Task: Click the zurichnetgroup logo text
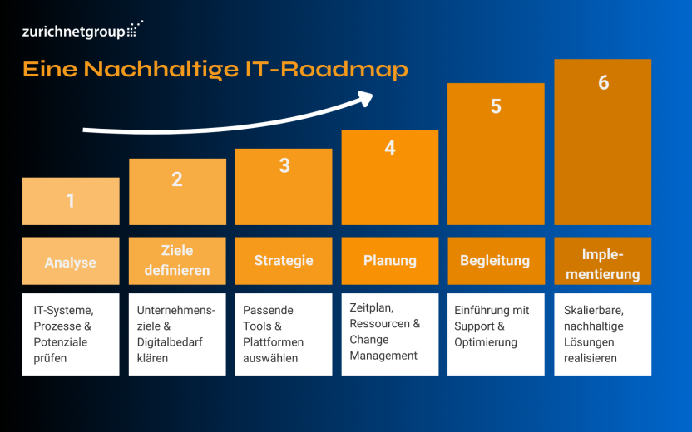(x=74, y=32)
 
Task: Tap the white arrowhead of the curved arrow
(x=365, y=98)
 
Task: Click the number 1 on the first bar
(x=70, y=200)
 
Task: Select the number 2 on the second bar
(x=177, y=179)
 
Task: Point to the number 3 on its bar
(x=284, y=165)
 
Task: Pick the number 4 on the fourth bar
(x=390, y=148)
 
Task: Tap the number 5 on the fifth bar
(x=496, y=106)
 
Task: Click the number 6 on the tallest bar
(x=603, y=82)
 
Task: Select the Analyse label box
(x=71, y=261)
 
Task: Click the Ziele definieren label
(x=177, y=261)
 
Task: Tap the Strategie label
(x=284, y=261)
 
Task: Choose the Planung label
(x=390, y=261)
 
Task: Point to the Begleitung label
(x=495, y=261)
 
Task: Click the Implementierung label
(x=603, y=264)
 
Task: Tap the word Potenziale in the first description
(x=61, y=342)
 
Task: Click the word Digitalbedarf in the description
(x=170, y=342)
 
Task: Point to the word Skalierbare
(x=594, y=311)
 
